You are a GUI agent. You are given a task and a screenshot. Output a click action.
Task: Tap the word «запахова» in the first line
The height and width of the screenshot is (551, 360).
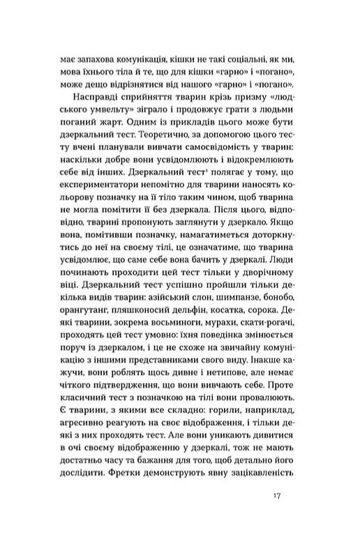(x=93, y=61)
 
